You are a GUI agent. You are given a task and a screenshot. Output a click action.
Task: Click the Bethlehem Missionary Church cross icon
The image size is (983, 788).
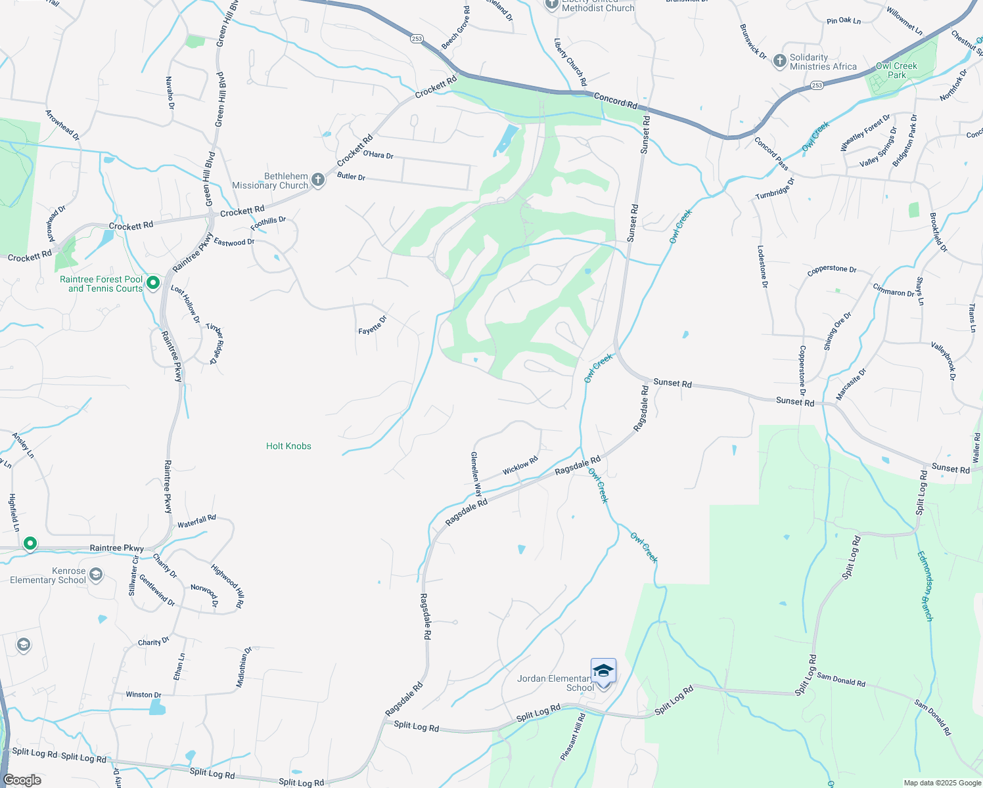tap(318, 180)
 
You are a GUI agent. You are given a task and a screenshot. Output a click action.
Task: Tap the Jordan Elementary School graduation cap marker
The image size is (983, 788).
tap(603, 672)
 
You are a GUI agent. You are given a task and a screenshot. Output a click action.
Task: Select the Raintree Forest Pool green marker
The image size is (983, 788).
tap(153, 283)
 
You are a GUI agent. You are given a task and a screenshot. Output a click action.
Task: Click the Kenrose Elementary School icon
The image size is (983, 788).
tap(96, 575)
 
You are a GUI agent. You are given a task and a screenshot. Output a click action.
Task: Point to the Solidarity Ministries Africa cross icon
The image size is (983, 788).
tap(779, 61)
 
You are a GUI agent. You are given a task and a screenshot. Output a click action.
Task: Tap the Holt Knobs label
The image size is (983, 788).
tap(288, 446)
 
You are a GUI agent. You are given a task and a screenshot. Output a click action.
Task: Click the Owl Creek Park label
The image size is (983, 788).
tap(896, 70)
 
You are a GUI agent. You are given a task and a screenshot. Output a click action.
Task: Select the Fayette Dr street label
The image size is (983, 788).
tap(373, 324)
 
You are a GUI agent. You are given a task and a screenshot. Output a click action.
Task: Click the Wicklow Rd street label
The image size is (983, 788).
tap(520, 466)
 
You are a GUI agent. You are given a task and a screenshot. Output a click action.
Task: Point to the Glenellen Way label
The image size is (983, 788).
tap(476, 474)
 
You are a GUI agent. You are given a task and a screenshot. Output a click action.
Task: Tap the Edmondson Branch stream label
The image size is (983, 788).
tap(925, 586)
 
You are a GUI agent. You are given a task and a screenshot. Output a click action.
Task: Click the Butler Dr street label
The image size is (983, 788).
tap(351, 177)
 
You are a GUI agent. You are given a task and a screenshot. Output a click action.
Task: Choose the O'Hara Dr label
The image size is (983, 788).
tap(378, 155)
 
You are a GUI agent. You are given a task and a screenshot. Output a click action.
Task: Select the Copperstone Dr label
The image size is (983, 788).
tap(831, 269)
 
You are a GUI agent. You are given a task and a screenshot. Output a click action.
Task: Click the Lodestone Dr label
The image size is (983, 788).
tap(762, 267)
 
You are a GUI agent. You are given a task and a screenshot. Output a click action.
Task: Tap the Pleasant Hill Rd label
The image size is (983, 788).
tap(572, 737)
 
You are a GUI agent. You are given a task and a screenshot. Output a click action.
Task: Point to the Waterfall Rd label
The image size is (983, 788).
tap(196, 521)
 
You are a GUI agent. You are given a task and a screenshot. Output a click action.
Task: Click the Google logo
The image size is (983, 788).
tap(22, 780)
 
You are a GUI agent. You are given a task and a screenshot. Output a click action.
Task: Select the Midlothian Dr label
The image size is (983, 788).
tap(244, 667)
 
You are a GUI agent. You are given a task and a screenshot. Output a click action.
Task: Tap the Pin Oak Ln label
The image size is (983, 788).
tap(843, 21)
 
